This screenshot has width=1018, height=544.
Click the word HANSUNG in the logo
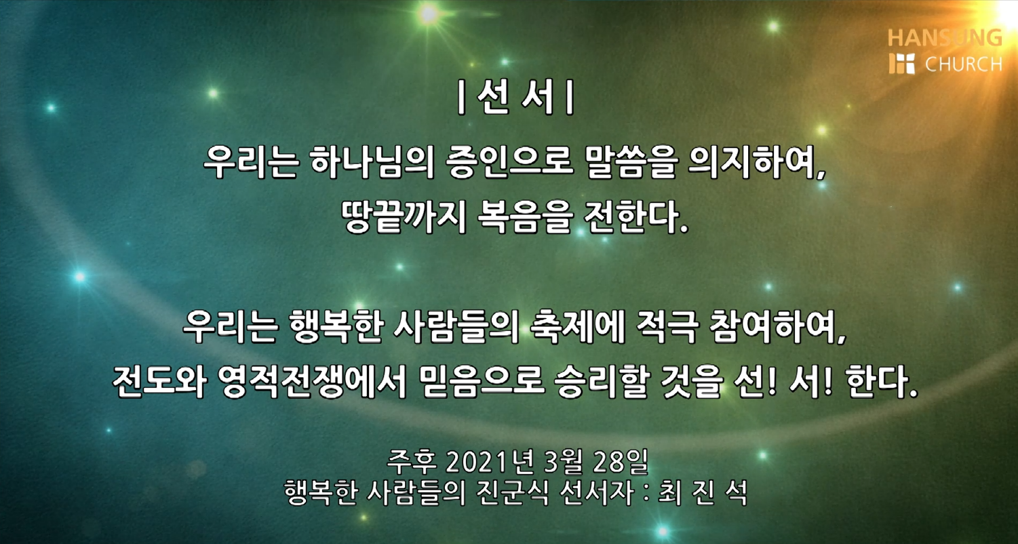945,38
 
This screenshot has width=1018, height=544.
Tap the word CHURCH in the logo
964,64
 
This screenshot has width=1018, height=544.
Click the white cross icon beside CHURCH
901,64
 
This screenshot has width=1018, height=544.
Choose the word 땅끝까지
404,217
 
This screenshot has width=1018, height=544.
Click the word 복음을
524,217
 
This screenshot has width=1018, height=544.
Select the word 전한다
635,217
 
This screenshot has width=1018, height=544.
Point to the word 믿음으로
481,382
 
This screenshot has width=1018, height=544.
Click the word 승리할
601,382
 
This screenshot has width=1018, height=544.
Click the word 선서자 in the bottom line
597,492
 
